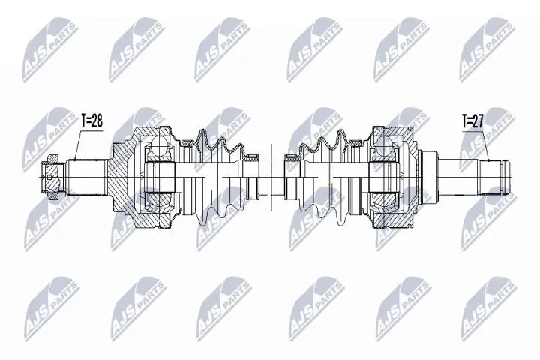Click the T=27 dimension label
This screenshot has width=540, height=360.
pos(474,119)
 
